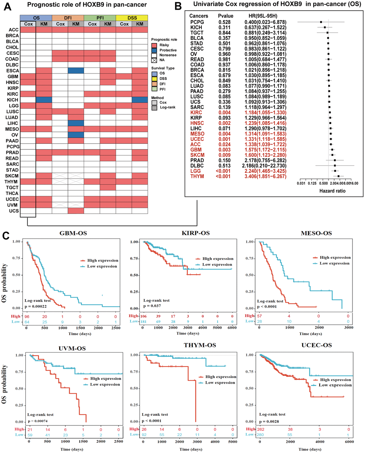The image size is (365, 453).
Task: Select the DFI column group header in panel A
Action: point(68,18)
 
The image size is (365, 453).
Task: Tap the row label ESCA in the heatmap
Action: point(12,71)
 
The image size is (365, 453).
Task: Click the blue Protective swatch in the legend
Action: point(154,51)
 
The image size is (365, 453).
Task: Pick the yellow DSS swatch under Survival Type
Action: point(154,78)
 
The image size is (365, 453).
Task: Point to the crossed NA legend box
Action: point(154,60)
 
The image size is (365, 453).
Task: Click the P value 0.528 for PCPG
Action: point(225,22)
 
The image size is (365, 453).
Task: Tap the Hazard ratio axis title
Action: point(332,191)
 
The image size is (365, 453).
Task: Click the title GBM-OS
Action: point(73,233)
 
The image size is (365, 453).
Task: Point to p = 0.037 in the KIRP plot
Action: point(152,306)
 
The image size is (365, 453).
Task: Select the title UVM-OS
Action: point(72,348)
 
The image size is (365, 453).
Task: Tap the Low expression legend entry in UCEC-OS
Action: point(335,385)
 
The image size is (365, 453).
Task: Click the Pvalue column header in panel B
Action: point(225,16)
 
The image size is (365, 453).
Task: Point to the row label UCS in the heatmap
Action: point(14,211)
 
